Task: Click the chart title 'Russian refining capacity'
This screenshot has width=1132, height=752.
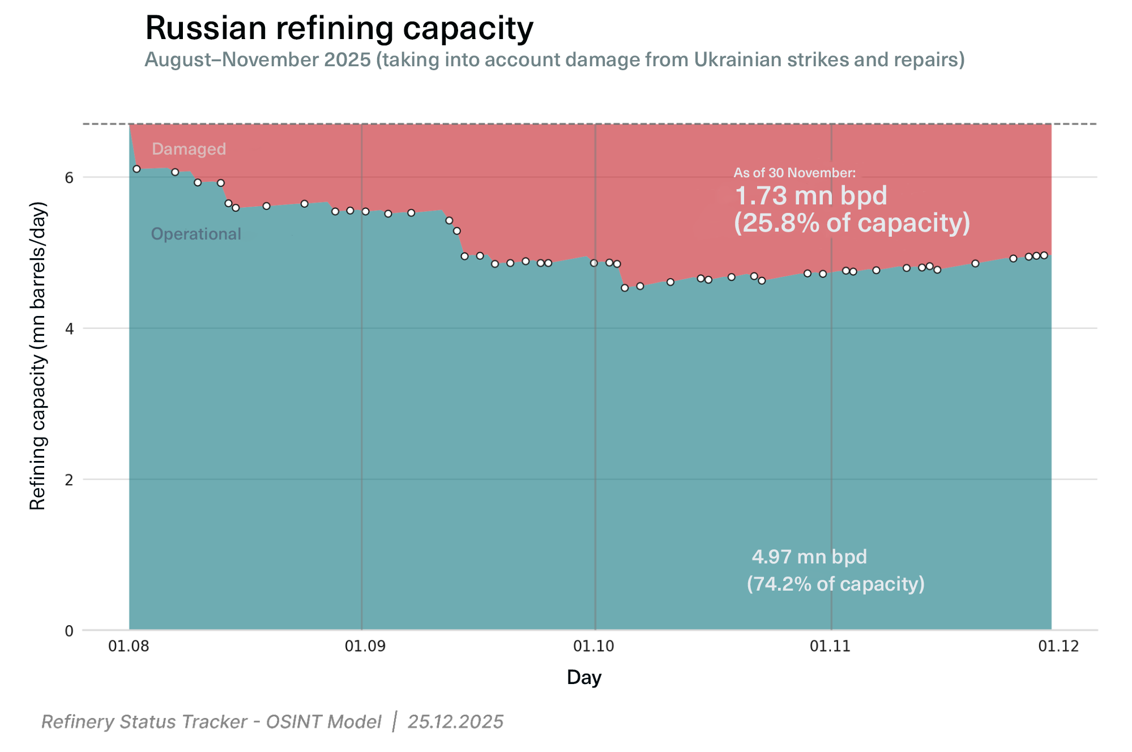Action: [x=339, y=28]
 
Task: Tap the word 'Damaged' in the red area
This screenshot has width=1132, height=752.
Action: [x=189, y=149]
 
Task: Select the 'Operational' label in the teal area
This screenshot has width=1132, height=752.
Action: [x=196, y=234]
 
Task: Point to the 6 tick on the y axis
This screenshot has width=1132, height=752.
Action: [x=69, y=178]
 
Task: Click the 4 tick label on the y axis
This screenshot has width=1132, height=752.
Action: [x=69, y=328]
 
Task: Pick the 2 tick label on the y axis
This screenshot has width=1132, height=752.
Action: [x=69, y=480]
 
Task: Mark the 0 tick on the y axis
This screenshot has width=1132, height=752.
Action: [x=69, y=631]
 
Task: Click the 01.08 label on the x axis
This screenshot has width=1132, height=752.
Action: [x=129, y=646]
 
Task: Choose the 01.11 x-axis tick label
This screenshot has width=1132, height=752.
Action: [x=830, y=646]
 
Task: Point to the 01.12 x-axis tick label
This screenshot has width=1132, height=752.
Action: [x=1058, y=646]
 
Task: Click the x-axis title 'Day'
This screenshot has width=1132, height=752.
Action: [x=584, y=678]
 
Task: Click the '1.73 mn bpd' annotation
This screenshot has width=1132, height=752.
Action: [x=810, y=196]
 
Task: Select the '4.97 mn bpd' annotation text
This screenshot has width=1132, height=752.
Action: [x=809, y=557]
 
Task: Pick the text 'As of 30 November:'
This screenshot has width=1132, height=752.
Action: [x=794, y=173]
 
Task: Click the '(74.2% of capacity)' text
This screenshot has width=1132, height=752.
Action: [x=835, y=584]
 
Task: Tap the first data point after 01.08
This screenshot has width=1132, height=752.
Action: [x=136, y=169]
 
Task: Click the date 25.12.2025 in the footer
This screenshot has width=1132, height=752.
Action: [x=455, y=722]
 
